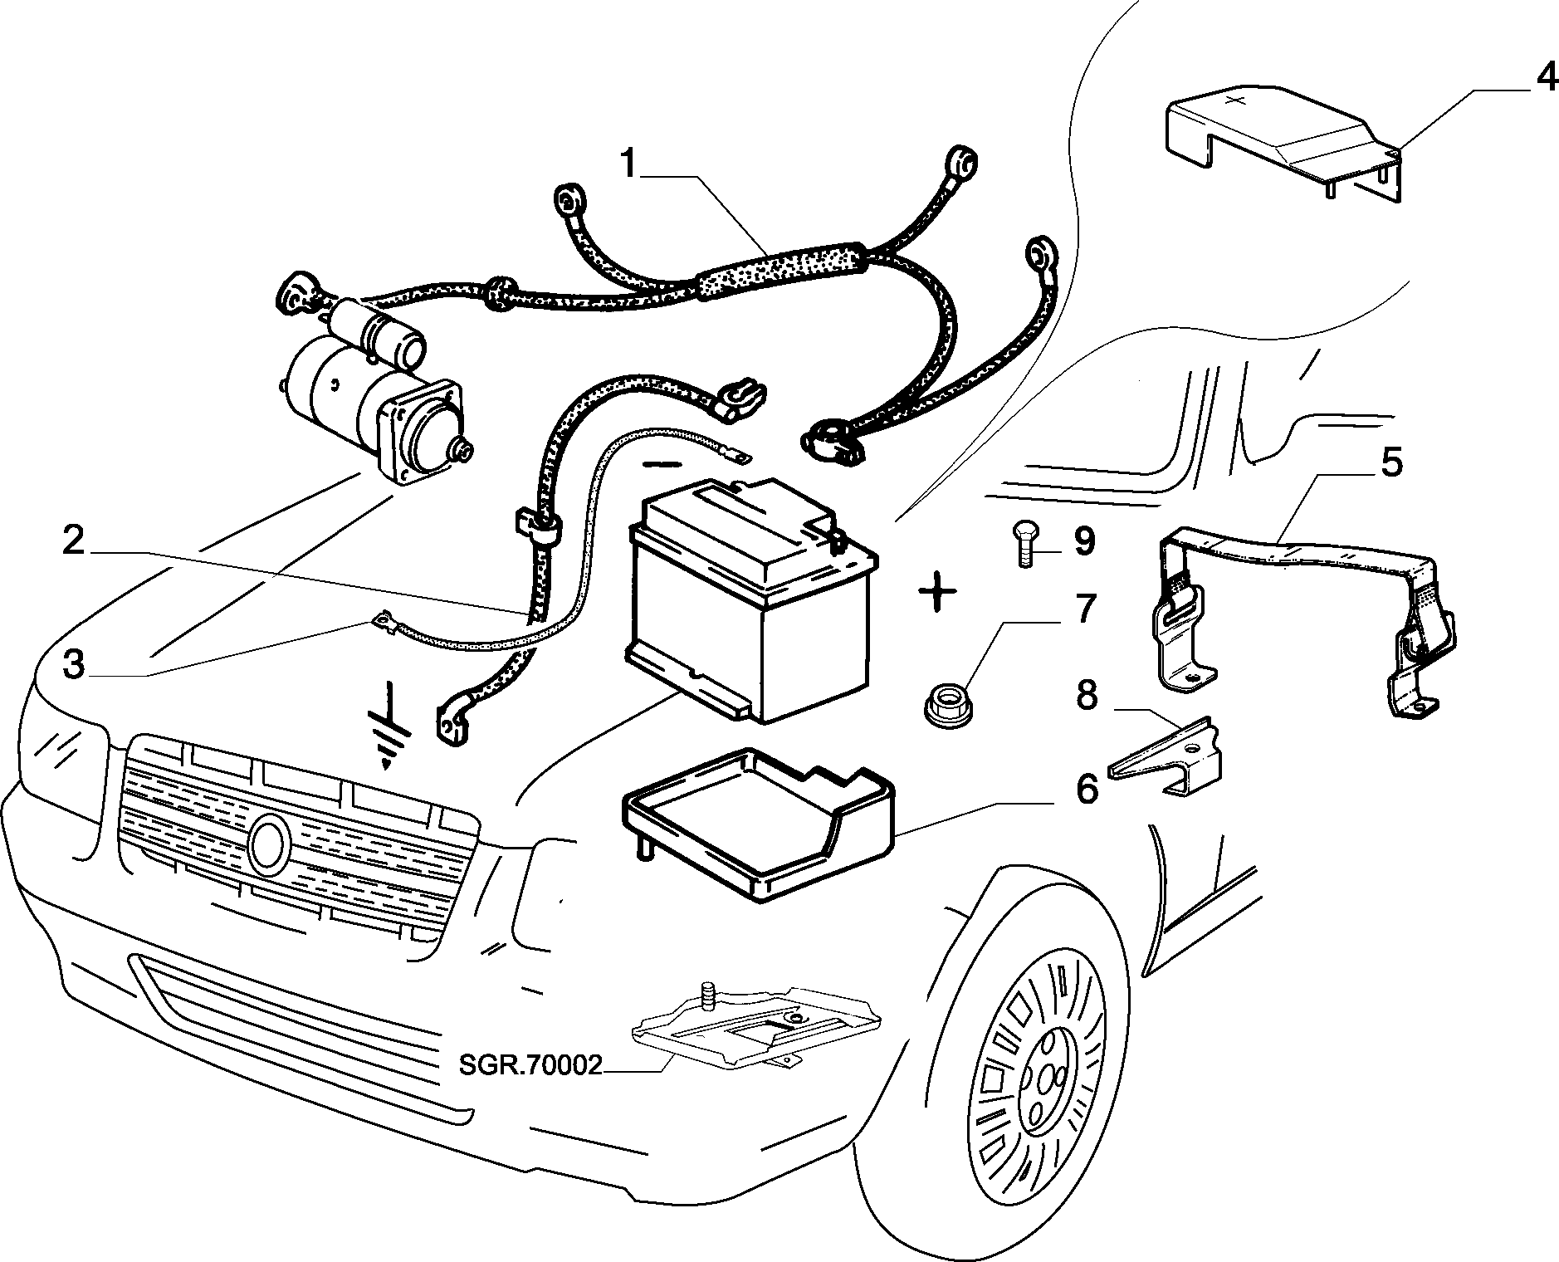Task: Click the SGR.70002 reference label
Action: (530, 1064)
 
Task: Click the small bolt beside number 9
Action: (1024, 544)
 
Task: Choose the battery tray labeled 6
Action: (757, 822)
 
